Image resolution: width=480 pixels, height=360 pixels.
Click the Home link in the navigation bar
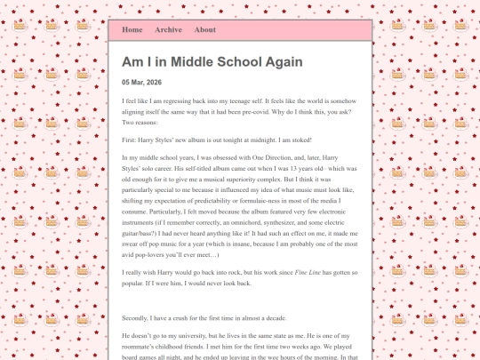132,29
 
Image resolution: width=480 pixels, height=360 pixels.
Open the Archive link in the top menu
168,29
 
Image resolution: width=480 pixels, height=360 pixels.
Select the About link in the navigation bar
204,29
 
